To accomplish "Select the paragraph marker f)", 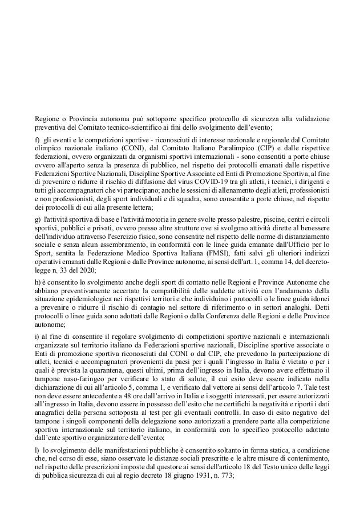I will (37, 137).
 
